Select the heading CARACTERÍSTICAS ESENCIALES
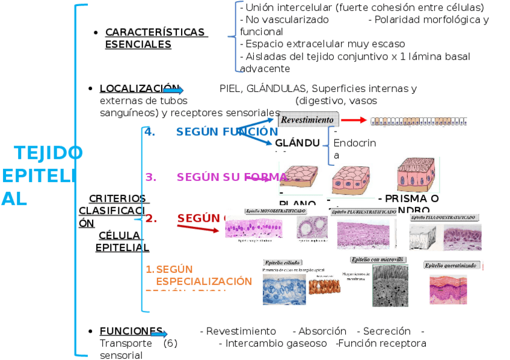click(155, 38)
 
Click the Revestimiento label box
click(309, 120)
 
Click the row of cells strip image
click(419, 121)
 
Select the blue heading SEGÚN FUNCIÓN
click(226, 132)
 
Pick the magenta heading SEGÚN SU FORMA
click(232, 177)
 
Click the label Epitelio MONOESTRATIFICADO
click(275, 211)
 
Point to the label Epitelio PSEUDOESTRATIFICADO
click(444, 216)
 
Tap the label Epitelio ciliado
click(283, 263)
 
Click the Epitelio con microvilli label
click(378, 259)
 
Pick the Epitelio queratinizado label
click(451, 265)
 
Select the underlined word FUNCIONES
click(131, 331)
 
